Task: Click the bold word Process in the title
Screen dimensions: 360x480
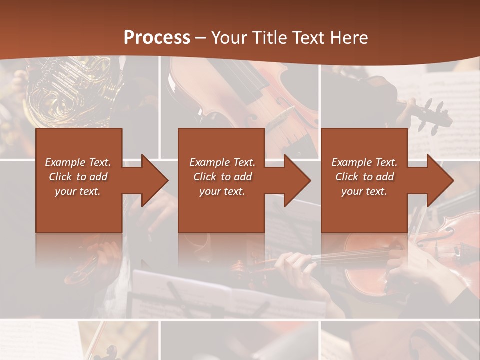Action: tap(157, 38)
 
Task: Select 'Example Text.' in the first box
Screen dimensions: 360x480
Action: tap(78, 162)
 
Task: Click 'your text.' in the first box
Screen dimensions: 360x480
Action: tap(78, 191)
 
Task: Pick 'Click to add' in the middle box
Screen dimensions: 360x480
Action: tap(222, 177)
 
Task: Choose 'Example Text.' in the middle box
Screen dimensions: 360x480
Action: tap(222, 162)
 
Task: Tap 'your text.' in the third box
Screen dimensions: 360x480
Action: tap(364, 191)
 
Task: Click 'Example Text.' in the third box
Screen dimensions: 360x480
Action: tap(364, 162)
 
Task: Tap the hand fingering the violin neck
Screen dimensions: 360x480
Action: tap(295, 265)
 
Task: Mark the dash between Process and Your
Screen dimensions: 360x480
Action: tap(201, 38)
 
